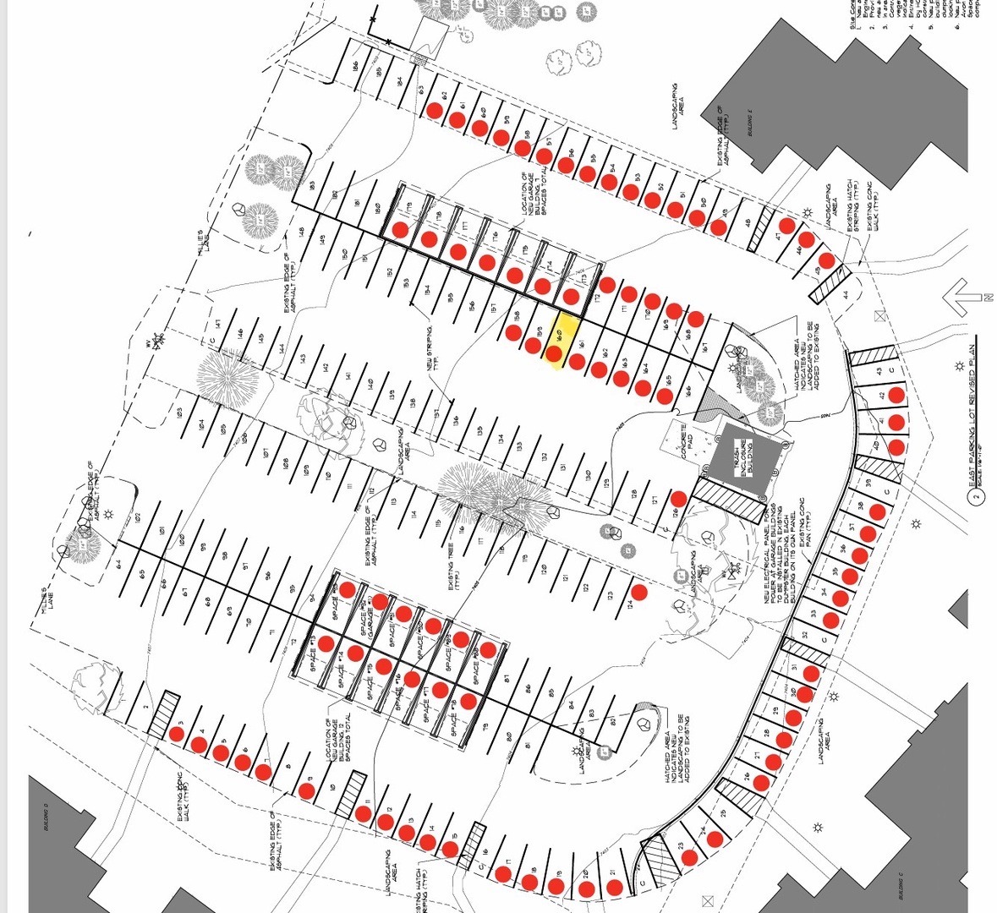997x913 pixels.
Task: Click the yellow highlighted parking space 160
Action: (559, 341)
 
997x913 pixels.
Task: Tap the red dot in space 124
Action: (639, 592)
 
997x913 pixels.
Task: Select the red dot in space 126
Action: (679, 499)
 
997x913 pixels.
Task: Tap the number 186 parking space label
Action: (357, 66)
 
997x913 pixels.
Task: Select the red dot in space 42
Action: (896, 395)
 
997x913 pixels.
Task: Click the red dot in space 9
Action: (307, 792)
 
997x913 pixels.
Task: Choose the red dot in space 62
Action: (436, 110)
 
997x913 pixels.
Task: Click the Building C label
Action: (901, 888)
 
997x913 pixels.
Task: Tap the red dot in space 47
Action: (787, 226)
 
